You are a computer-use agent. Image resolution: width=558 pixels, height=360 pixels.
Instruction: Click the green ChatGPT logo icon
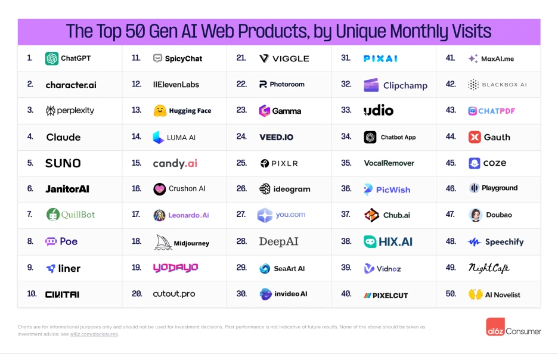point(52,58)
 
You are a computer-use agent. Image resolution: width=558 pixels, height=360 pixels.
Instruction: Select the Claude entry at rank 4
point(63,137)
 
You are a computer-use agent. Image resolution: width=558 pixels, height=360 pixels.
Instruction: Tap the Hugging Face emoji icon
point(159,111)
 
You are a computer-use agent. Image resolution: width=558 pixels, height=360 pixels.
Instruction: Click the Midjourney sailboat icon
point(163,242)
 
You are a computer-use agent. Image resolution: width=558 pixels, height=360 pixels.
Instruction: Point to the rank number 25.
point(241,163)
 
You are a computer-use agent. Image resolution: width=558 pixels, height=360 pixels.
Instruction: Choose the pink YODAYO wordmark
point(175,268)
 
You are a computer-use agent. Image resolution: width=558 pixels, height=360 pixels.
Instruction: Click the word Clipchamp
point(405,85)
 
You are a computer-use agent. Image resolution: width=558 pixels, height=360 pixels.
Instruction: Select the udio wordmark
point(379,110)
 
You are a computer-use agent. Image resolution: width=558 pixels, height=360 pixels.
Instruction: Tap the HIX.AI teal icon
point(370,242)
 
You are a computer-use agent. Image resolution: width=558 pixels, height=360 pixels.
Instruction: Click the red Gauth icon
point(475,137)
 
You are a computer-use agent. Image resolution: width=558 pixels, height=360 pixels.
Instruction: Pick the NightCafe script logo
point(489,268)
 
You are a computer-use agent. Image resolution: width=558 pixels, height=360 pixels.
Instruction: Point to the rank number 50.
point(451,294)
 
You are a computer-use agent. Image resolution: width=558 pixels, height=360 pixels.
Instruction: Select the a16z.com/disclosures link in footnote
point(94,334)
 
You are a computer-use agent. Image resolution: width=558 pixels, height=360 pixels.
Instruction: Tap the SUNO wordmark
point(63,163)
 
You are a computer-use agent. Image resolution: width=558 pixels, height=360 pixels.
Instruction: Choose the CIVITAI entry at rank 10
point(62,294)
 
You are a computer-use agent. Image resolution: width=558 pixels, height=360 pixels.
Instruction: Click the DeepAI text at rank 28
point(278,241)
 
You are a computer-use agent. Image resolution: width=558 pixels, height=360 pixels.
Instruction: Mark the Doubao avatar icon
point(475,215)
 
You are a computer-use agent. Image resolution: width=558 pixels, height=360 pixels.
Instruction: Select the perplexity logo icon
point(51,111)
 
